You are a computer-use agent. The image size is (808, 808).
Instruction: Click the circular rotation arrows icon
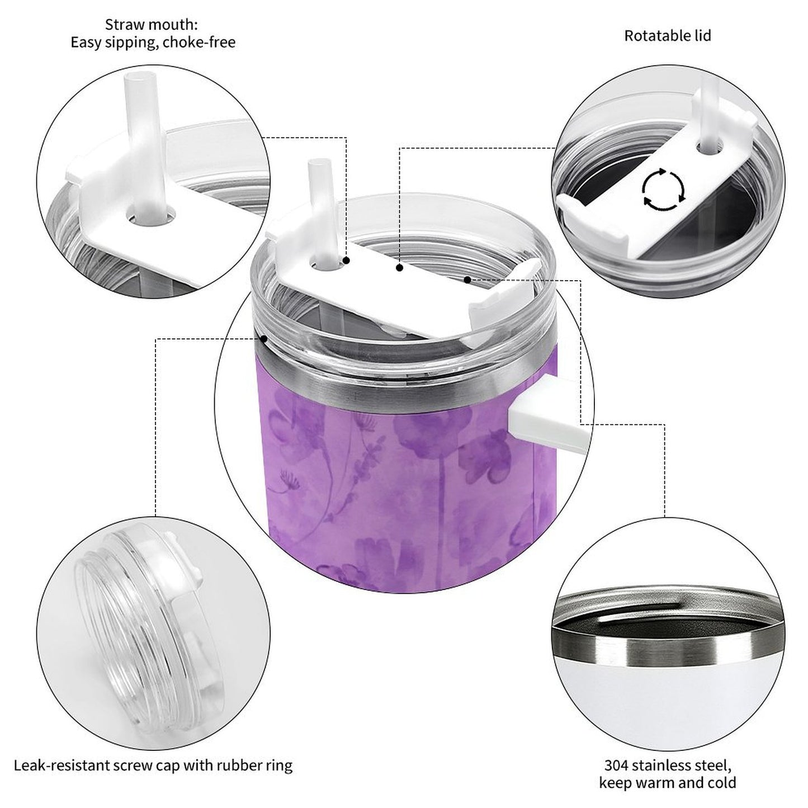[x=663, y=189]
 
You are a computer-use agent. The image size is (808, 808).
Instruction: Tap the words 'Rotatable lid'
[x=668, y=36]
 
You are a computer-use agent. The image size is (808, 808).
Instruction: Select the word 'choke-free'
[x=200, y=42]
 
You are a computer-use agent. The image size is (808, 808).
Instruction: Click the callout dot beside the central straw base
[x=347, y=261]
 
